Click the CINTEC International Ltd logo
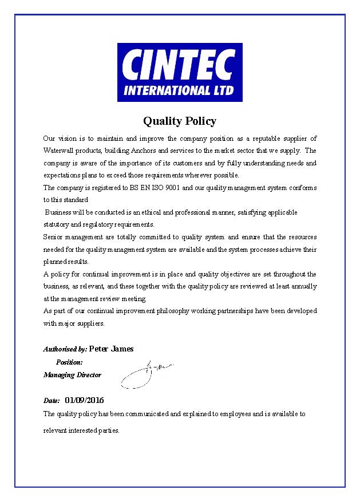[x=180, y=72]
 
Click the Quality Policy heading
[x=180, y=121]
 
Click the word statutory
[x=56, y=224]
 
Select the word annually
[x=304, y=286]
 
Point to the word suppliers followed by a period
[x=90, y=323]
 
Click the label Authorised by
[x=65, y=349]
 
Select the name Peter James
[x=111, y=348]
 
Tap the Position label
[x=69, y=362]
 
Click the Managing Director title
[x=72, y=375]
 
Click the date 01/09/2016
[x=85, y=400]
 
